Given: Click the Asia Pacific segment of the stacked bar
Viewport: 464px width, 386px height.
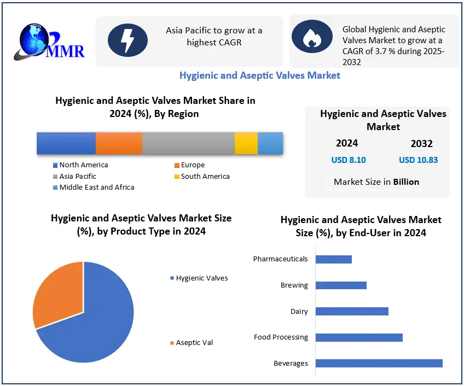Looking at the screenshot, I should [188, 143].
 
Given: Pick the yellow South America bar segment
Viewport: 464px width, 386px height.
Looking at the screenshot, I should [246, 143].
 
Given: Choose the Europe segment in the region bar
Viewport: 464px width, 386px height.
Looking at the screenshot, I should [119, 143].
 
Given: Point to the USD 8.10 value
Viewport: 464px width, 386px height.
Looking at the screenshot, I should [349, 160].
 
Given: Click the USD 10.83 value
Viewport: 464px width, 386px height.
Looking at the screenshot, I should [418, 160].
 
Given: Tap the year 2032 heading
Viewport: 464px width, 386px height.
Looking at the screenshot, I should [421, 144].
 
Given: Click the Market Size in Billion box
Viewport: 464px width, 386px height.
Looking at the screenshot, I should [376, 182].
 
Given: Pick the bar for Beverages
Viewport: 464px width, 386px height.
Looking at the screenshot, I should [379, 363].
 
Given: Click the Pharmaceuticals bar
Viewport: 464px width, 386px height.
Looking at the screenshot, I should [334, 259].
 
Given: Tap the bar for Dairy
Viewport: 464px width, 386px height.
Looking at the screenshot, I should [352, 311].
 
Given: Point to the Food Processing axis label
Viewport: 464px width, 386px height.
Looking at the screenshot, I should [281, 337].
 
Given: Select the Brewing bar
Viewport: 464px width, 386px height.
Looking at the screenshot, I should [341, 285].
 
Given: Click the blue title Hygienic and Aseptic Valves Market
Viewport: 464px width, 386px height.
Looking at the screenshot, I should [260, 75].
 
